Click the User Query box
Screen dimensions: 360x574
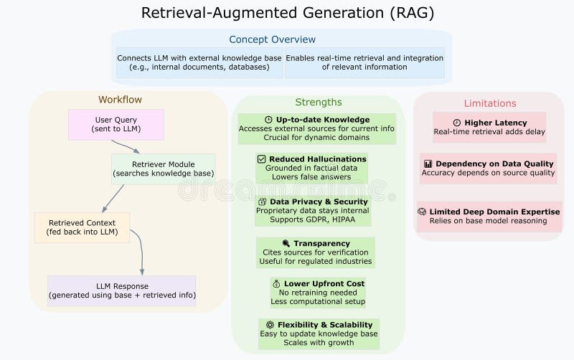pos(116,124)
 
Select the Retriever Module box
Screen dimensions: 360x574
pos(163,169)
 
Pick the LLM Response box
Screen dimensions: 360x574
pos(121,290)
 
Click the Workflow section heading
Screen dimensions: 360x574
pos(120,100)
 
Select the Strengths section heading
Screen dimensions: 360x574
pos(318,102)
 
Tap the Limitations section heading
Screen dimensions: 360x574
pos(489,103)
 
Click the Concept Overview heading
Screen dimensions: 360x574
pos(272,39)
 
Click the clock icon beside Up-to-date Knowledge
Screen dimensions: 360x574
pos(268,120)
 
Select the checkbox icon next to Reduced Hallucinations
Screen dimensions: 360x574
pos(261,158)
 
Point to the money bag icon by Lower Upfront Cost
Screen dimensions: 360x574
pos(276,283)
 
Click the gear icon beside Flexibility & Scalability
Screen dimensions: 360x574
pos(269,324)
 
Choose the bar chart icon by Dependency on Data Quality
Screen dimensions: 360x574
pos(428,164)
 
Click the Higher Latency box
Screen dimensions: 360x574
pos(489,127)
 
